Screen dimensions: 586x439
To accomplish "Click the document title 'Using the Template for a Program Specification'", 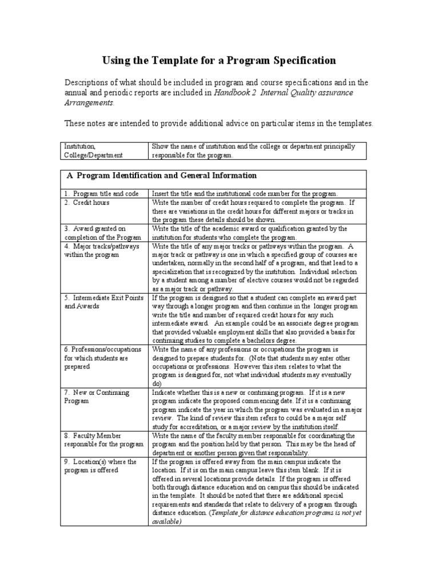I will pyautogui.click(x=219, y=61).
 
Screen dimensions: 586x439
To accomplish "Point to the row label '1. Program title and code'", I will pyautogui.click(x=101, y=194).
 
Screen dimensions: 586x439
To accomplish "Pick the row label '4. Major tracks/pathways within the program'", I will pyautogui.click(x=98, y=250).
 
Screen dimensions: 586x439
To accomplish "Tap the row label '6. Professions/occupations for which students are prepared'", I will pyautogui.click(x=100, y=358).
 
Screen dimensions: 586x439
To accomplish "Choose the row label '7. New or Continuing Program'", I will pyautogui.click(x=97, y=397).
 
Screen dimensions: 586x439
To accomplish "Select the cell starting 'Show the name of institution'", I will pyautogui.click(x=253, y=151).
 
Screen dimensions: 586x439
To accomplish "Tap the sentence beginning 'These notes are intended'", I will pyautogui.click(x=218, y=123).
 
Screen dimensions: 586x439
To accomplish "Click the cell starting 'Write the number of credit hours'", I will pyautogui.click(x=253, y=211).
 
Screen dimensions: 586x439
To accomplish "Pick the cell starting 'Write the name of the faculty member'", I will pyautogui.click(x=253, y=444).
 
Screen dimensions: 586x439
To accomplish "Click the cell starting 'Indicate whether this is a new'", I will pyautogui.click(x=253, y=410).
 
